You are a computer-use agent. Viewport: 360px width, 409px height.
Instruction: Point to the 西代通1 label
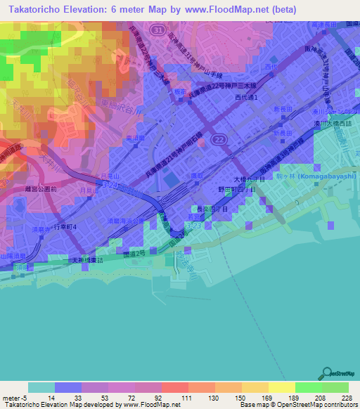pyautogui.click(x=252, y=97)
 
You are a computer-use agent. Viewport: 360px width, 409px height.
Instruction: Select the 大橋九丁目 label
pyautogui.click(x=250, y=180)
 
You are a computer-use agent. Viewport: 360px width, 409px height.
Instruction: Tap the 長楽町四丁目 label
pyautogui.click(x=212, y=209)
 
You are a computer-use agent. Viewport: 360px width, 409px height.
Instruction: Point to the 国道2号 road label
pyautogui.click(x=134, y=249)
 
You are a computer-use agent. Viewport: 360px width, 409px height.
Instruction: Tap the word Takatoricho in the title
pyautogui.click(x=34, y=10)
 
